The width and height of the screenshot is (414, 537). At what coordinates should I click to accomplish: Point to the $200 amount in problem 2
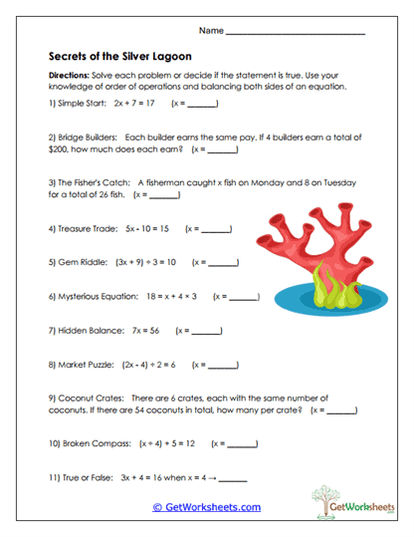pos(59,150)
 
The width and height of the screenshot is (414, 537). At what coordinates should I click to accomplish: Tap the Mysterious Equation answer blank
pos(244,297)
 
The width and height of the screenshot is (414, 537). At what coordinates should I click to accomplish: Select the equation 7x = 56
pos(140,330)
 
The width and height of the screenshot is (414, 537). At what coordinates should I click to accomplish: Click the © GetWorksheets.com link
pos(206,508)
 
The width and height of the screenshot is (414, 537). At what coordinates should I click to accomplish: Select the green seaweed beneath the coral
pos(328,287)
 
